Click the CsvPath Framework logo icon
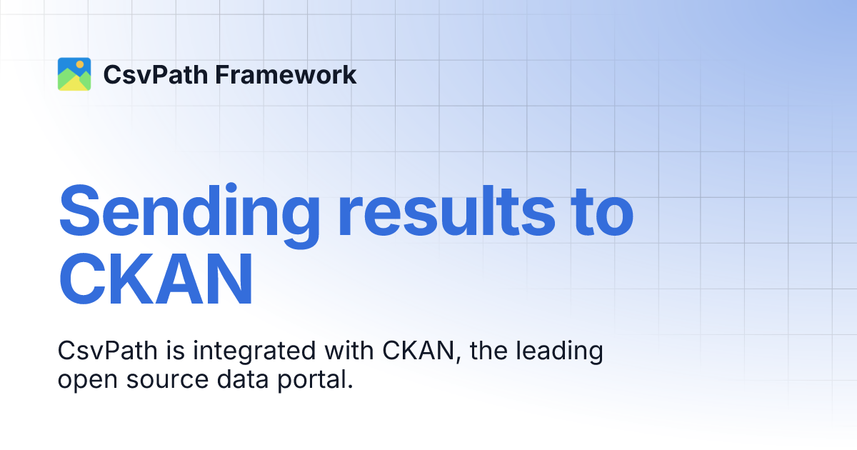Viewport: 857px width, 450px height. pyautogui.click(x=74, y=74)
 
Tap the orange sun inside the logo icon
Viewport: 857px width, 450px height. pyautogui.click(x=81, y=65)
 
